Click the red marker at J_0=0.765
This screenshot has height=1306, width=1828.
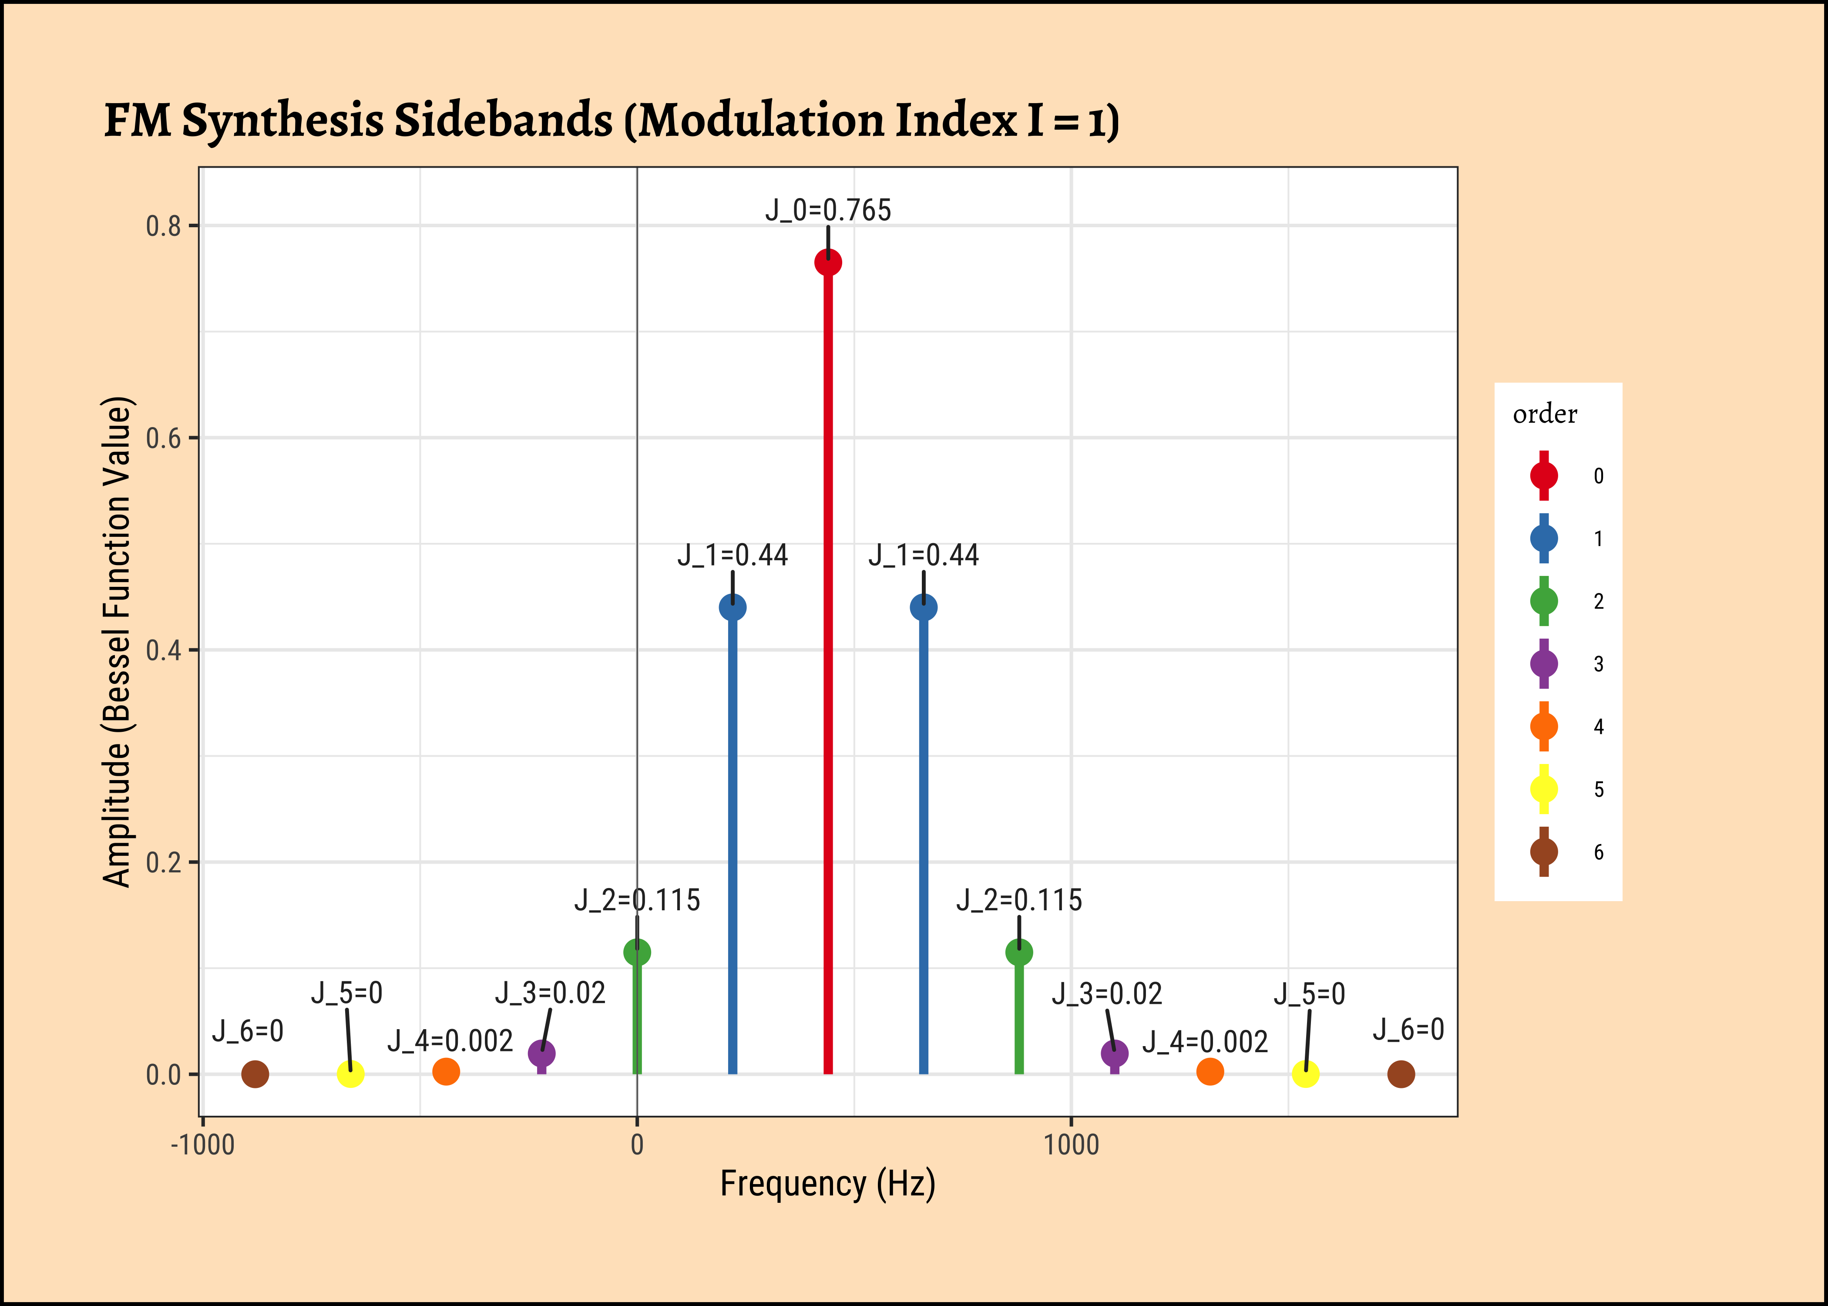click(828, 262)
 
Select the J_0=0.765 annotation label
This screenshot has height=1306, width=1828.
click(828, 210)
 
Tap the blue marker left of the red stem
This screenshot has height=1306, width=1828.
click(733, 607)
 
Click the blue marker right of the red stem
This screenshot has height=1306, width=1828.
click(924, 607)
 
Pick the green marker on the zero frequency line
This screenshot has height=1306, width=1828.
click(637, 952)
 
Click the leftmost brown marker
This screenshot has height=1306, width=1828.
click(255, 1074)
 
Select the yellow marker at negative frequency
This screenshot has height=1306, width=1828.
click(350, 1074)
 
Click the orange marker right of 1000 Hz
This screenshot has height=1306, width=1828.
click(1210, 1071)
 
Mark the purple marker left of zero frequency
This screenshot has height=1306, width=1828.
click(542, 1053)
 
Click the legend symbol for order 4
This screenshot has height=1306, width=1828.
click(1543, 726)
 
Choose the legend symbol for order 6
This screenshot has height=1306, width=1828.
click(1543, 852)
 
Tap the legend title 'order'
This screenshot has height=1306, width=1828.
click(1544, 414)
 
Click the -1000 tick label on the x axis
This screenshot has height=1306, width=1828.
click(202, 1144)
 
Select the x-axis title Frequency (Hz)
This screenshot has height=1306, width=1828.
click(828, 1184)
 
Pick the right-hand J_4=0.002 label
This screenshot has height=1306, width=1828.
click(1205, 1042)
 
